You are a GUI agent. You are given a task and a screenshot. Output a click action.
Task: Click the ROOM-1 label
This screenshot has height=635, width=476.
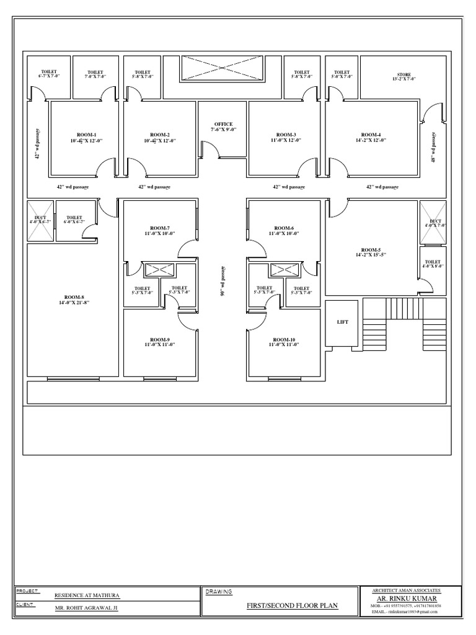pos(87,135)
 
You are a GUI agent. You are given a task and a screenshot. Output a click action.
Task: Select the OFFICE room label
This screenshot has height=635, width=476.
pos(224,124)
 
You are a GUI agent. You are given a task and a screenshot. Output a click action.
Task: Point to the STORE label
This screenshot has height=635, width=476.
pos(404,73)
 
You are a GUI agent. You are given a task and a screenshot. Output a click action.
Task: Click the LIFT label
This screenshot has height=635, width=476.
pos(343,322)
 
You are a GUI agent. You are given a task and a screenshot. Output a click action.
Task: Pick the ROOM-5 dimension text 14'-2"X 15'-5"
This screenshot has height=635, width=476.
pos(371,255)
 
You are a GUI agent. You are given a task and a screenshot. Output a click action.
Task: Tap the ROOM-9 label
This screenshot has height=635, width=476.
pos(160,340)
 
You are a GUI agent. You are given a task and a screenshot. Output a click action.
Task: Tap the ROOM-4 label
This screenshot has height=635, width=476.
pos(371,135)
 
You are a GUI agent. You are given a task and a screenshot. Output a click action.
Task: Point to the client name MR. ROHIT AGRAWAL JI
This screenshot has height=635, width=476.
pos(86,608)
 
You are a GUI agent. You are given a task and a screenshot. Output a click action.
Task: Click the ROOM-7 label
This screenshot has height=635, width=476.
pos(160,227)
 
